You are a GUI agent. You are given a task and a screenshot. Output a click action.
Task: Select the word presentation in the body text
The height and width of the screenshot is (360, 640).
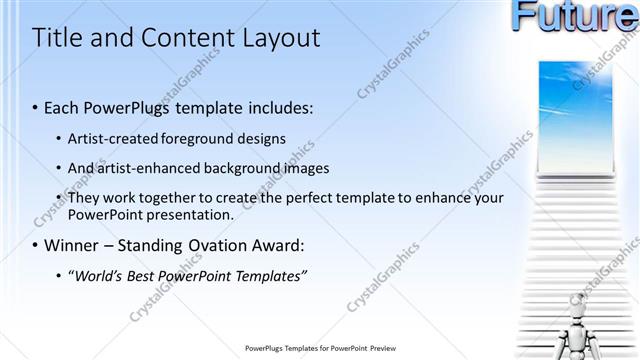pyautogui.click(x=191, y=214)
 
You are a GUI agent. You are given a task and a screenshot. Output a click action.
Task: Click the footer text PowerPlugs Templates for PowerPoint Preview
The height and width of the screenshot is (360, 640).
pyautogui.click(x=320, y=349)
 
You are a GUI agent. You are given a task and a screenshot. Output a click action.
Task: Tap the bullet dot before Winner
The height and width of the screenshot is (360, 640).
pyautogui.click(x=36, y=245)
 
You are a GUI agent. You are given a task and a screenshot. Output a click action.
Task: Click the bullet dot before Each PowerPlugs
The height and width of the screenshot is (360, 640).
pyautogui.click(x=36, y=107)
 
